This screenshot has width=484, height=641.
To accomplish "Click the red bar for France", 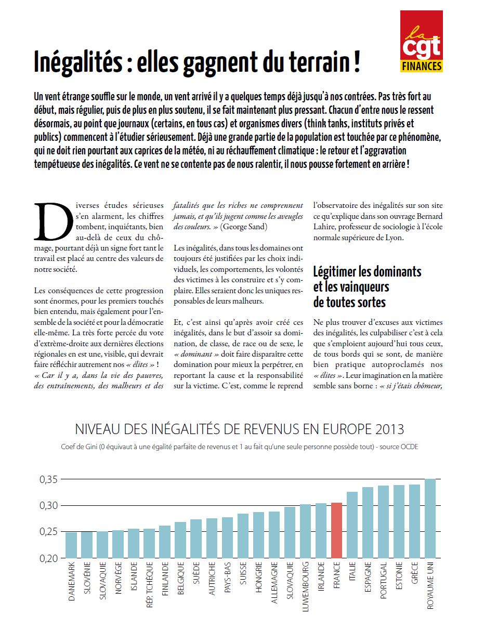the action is [336, 530].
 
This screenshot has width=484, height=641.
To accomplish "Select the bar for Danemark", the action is [71, 545].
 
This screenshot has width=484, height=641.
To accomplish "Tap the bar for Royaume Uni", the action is [430, 518].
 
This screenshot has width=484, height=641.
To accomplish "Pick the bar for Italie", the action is [352, 525].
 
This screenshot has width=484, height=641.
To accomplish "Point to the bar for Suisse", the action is [243, 535].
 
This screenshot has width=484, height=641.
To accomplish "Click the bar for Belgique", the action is [180, 540].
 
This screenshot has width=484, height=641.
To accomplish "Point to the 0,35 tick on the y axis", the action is [48, 479].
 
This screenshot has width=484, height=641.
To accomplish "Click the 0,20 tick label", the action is [48, 558].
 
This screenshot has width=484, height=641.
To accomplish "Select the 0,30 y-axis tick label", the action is [48, 505].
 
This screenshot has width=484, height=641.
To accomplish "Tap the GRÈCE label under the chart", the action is [414, 573].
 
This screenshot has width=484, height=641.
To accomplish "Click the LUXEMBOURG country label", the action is [305, 586].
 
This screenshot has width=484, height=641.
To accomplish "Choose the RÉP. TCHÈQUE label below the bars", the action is [149, 584].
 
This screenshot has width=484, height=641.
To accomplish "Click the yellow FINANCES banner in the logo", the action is [421, 67].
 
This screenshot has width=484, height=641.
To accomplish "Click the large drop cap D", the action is [53, 221].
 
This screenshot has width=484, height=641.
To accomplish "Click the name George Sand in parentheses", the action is [243, 227].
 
